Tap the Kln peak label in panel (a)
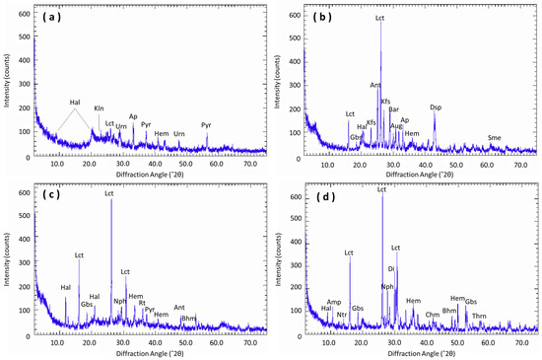pos(99,108)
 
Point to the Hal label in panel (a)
pos(76,103)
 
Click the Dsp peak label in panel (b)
pos(437,108)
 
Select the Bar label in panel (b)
pos(394,109)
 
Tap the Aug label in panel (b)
pos(396,126)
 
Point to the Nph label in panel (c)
pos(119,302)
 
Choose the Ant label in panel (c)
pos(179,308)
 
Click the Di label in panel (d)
pos(391,268)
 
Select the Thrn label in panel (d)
pos(479,317)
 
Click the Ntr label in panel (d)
pos(342,315)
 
